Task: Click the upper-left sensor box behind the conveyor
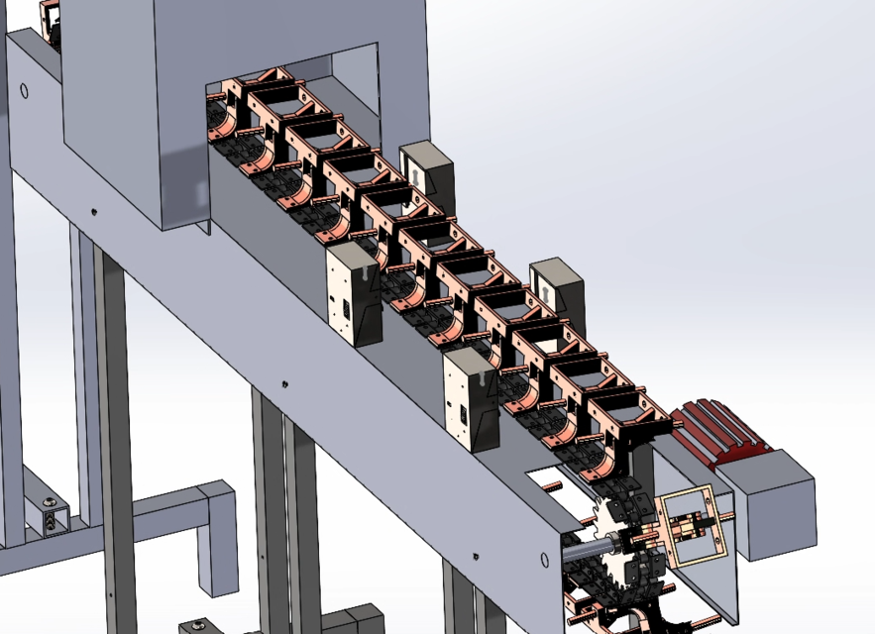[x=427, y=170]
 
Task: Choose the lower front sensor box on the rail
[x=470, y=401]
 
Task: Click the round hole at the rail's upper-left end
[x=24, y=92]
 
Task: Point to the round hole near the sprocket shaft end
[x=544, y=560]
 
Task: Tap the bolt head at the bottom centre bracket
[x=199, y=624]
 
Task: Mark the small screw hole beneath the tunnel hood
[x=93, y=211]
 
